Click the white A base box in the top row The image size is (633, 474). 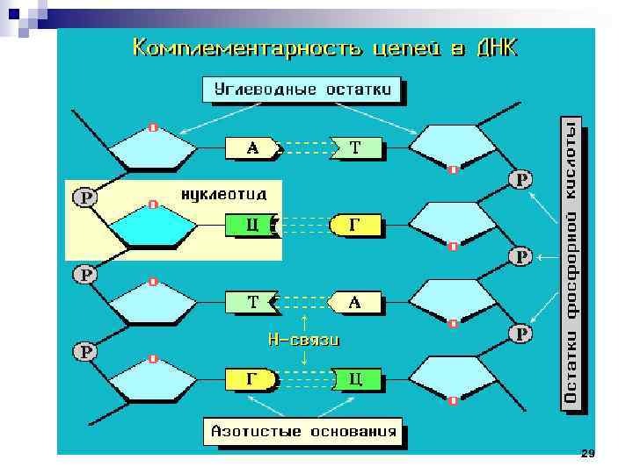[x=252, y=148]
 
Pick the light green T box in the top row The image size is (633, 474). [x=357, y=148]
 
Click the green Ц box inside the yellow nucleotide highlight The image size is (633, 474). [x=251, y=226]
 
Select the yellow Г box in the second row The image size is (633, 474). [x=356, y=226]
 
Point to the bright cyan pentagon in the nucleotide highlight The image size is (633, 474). [x=154, y=228]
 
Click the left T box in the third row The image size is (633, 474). [x=251, y=303]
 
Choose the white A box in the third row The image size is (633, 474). [x=356, y=303]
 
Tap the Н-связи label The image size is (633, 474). [x=303, y=339]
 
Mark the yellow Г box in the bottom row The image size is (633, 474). [x=251, y=380]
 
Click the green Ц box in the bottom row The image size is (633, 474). [x=357, y=380]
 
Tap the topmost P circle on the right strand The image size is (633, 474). [x=521, y=180]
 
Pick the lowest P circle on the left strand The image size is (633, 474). [x=85, y=352]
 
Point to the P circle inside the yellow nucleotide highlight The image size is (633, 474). [x=85, y=197]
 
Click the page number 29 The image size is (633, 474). [x=588, y=453]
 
